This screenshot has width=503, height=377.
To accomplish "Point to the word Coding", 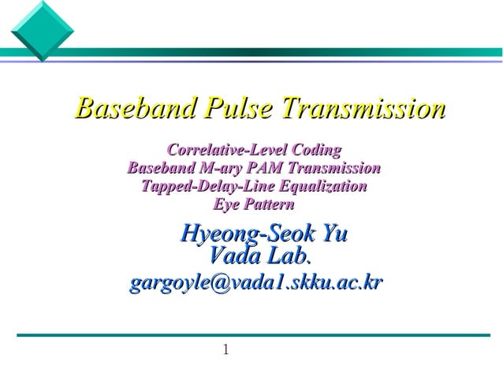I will [316, 149].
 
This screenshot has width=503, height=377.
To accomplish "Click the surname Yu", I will [333, 234].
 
